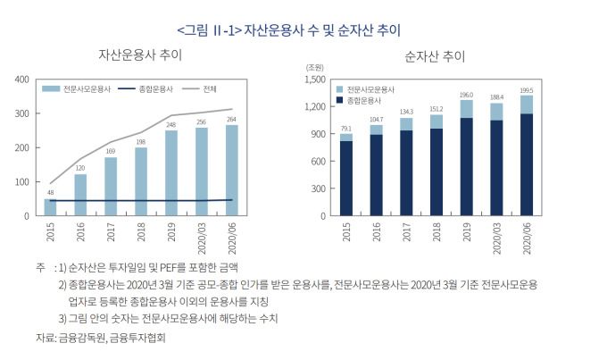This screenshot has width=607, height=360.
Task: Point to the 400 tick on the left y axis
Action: tap(22, 80)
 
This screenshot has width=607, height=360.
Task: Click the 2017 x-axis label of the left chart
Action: tap(112, 232)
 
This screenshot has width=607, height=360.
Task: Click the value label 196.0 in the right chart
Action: tap(466, 95)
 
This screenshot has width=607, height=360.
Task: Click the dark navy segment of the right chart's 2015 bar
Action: tap(345, 178)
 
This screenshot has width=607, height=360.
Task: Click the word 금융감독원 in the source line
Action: tap(78, 339)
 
